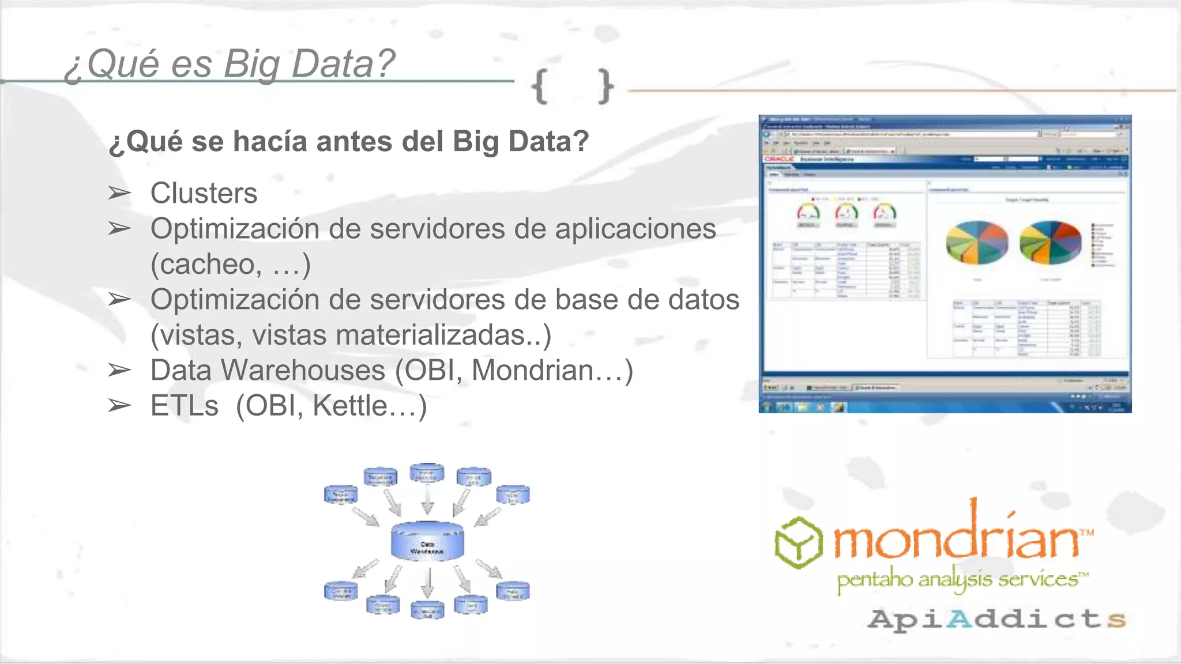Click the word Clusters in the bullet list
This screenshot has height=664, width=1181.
click(x=204, y=193)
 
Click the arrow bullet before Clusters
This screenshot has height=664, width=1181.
click(x=119, y=193)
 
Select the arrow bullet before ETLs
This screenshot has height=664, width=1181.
click(x=119, y=406)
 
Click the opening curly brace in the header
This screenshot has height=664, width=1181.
click(x=540, y=87)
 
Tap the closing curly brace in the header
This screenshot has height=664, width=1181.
click(x=605, y=87)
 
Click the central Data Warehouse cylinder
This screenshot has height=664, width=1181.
click(x=427, y=541)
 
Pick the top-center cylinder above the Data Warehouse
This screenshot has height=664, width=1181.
click(x=427, y=473)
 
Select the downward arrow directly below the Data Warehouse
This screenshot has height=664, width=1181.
click(x=428, y=583)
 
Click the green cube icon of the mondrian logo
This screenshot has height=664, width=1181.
click(x=798, y=542)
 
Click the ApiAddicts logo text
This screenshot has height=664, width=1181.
click(x=996, y=619)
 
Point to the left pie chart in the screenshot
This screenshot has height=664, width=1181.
click(x=977, y=243)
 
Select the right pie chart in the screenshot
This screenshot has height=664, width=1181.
click(x=1051, y=243)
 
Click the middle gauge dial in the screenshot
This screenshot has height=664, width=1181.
click(x=846, y=213)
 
